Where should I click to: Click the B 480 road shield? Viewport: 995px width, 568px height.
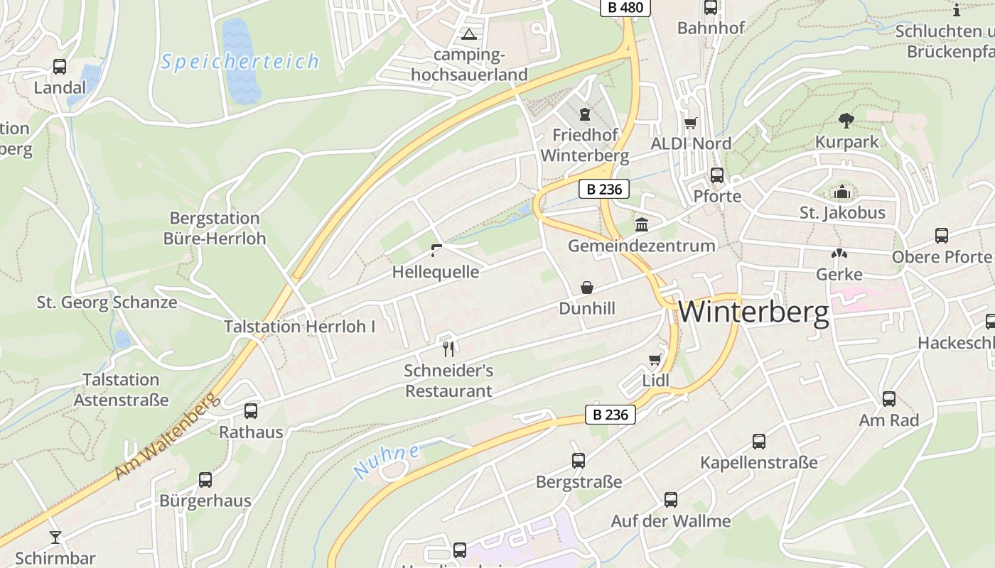625,8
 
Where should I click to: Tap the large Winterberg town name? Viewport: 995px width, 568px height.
754,312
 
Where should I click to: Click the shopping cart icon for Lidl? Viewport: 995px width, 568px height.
655,359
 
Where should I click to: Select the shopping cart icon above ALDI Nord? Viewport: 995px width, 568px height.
690,123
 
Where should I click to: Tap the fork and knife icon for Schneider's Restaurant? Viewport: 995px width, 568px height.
448,349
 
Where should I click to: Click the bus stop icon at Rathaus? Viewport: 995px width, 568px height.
251,410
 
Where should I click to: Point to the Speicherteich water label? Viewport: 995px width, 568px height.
240,62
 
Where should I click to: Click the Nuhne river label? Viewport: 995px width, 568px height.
386,460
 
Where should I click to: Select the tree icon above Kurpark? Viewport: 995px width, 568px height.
846,120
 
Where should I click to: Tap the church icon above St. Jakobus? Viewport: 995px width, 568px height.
842,192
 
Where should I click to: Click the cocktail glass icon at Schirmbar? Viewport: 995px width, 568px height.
55,537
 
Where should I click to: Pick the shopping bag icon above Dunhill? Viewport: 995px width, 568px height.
587,288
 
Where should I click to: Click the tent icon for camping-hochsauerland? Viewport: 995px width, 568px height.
469,34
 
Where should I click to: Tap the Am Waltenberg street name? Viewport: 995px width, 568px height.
165,439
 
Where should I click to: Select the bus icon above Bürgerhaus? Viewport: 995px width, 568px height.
205,480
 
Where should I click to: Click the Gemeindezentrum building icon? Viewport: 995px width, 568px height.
642,224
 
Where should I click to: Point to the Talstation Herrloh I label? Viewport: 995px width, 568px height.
299,327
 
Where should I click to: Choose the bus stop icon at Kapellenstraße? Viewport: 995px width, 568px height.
759,442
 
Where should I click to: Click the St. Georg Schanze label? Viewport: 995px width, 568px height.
107,302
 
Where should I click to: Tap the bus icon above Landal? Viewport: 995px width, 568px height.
60,67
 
